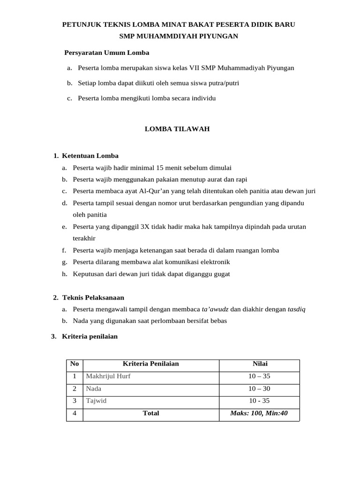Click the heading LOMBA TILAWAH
pos(177,129)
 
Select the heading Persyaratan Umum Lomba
pos(106,52)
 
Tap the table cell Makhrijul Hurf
pos(108,376)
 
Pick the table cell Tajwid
pos(97,401)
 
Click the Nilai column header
pos(259,364)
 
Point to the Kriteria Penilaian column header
pos(150,364)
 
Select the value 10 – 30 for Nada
pos(259,389)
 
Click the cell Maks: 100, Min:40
pos(259,413)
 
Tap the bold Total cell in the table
pos(151,413)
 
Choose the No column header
pos(75,364)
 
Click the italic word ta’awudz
pos(215,309)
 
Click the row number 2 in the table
pos(75,389)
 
